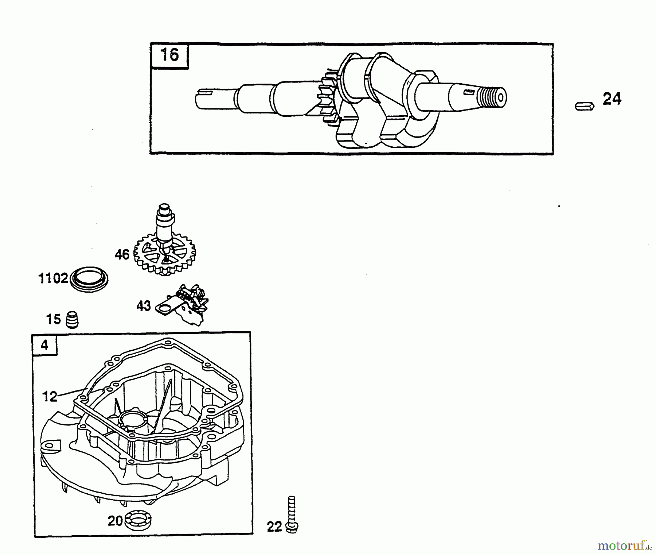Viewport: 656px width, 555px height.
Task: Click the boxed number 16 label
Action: click(169, 55)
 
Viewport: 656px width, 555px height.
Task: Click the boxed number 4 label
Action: click(44, 345)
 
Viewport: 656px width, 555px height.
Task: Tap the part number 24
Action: click(612, 99)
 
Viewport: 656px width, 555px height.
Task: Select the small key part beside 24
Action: click(585, 106)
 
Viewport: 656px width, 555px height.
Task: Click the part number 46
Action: click(122, 254)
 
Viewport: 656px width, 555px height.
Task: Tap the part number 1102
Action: click(53, 279)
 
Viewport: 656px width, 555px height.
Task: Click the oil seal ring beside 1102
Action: click(89, 279)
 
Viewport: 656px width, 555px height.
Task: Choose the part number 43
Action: click(144, 306)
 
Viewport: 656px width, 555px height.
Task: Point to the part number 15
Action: click(54, 319)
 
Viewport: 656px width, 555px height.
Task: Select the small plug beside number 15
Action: click(72, 320)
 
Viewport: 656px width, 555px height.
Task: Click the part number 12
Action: click(50, 396)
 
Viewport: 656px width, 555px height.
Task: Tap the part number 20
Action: click(115, 521)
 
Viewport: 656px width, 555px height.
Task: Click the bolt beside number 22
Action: click(292, 516)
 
